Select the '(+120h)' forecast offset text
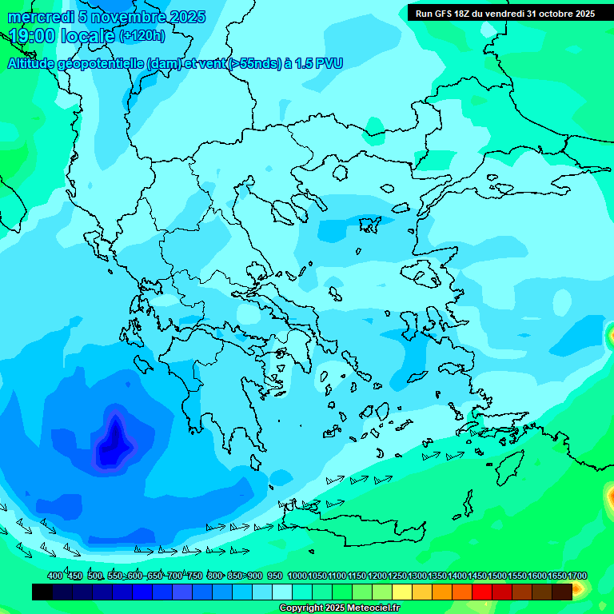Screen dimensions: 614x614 point(142,36)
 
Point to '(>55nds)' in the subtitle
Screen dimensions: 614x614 point(253,63)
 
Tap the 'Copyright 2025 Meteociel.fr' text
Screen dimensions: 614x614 point(339,608)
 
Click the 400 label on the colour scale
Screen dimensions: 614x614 point(55,576)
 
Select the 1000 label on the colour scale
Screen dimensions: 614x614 point(297,576)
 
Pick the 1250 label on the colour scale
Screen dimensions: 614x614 point(397,576)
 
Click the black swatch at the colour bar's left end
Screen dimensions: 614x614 point(42,592)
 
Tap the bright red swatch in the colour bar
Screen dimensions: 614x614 point(482,592)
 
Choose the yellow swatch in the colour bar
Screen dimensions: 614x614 point(402,592)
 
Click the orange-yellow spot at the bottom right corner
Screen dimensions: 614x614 point(578,590)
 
